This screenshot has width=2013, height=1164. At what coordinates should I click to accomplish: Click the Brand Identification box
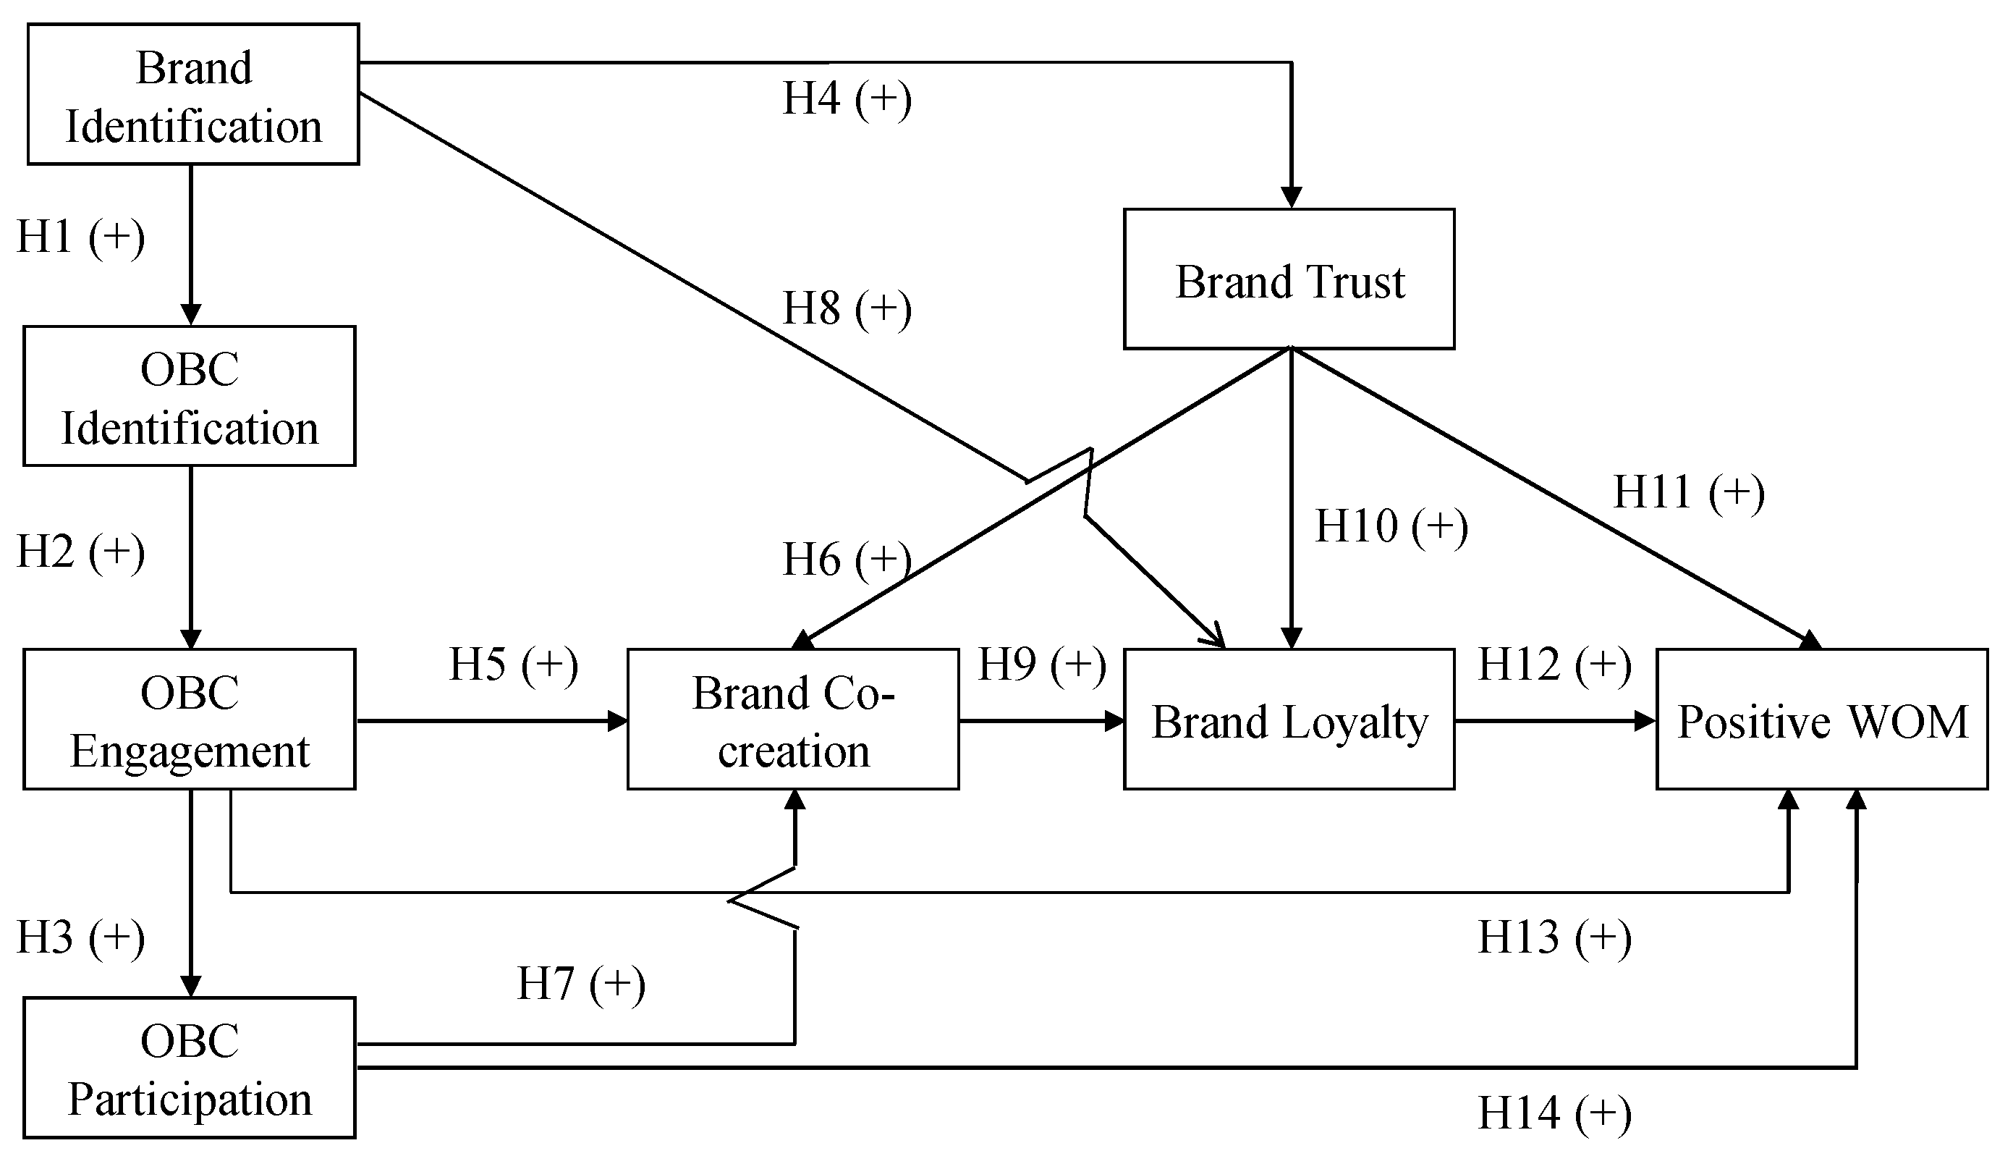point(193,94)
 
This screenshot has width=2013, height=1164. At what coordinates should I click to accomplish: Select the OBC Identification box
point(190,396)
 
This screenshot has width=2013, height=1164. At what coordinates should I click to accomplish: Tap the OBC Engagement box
point(190,720)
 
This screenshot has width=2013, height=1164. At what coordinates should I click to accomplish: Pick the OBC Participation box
point(190,1068)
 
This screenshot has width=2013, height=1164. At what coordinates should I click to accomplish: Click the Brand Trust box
point(1289,279)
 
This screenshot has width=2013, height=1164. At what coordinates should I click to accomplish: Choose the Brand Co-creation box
point(792,720)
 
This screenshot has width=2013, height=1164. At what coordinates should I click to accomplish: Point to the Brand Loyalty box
point(1289,720)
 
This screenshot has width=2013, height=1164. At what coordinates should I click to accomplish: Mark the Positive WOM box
point(1821,720)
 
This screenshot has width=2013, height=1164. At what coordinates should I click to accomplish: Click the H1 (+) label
point(81,237)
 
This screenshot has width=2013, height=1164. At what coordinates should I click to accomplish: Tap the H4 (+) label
point(847,99)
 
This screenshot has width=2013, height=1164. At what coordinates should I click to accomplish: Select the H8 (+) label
point(847,309)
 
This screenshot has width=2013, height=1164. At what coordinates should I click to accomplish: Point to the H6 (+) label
point(847,560)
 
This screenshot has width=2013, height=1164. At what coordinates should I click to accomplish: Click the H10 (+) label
point(1391,526)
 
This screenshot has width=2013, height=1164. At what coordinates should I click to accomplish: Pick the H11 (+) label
point(1689,492)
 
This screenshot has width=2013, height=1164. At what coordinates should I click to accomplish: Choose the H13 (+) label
point(1554,937)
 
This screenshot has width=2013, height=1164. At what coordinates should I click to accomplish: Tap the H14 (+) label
point(1554,1112)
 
